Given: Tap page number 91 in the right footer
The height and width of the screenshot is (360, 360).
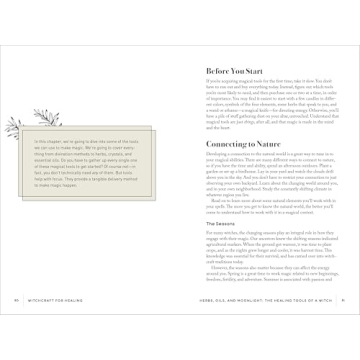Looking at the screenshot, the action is (343, 325).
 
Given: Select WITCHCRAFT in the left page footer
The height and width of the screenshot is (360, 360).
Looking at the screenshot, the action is (53, 325).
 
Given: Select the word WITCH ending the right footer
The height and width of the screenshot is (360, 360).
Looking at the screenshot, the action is (328, 325).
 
